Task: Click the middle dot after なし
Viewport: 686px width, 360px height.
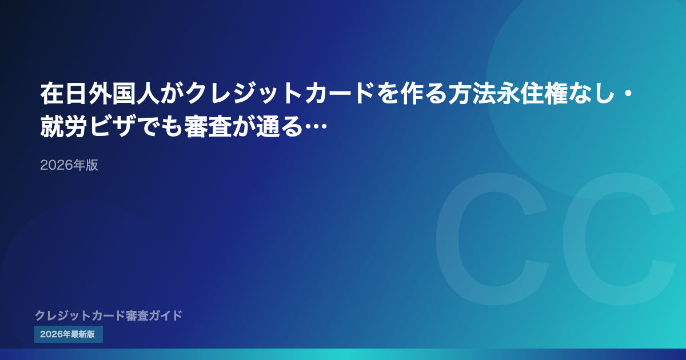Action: click(x=628, y=94)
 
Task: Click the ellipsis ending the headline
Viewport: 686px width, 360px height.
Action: click(x=316, y=126)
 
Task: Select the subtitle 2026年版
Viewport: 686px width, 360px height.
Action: click(x=69, y=165)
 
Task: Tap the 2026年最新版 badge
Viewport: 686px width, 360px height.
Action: click(x=68, y=334)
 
